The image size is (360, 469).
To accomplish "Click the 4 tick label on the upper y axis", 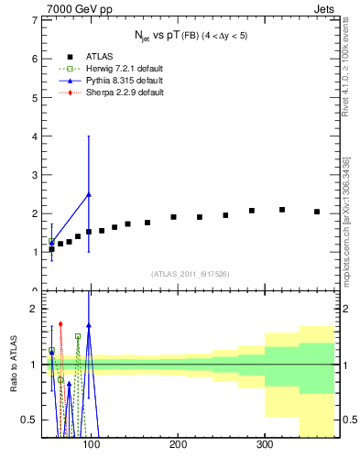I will pos(33,136).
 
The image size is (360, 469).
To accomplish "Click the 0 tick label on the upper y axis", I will pos(33,290).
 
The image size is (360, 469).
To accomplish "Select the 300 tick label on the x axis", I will pos(265,445).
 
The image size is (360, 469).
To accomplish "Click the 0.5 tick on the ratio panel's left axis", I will pos(29,420).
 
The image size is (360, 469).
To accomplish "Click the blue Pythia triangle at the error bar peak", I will pos(88,194).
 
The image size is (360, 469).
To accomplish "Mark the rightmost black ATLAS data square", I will pos(317,212).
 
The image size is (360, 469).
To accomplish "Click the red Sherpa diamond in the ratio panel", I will pos(60,323).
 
